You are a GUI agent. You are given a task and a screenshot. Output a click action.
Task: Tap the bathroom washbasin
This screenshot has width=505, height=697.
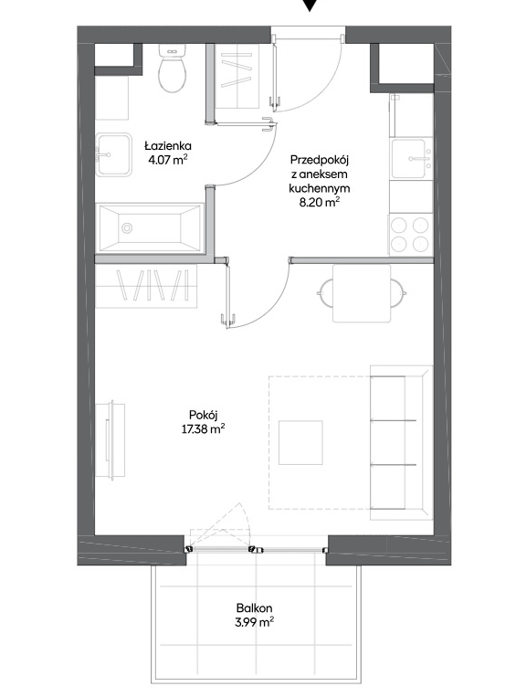pos(114,154)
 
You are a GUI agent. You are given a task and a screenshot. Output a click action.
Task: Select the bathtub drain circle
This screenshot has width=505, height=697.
pos(127,228)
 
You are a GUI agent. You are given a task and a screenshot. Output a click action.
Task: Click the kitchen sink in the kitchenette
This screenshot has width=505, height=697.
pos(411,159)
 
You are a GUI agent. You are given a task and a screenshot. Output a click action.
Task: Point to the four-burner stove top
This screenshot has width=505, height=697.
pos(410,235)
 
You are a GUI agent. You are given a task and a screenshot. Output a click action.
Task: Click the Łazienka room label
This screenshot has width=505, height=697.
pos(168,146)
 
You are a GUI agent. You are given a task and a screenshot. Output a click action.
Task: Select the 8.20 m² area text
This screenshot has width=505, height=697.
pos(320,203)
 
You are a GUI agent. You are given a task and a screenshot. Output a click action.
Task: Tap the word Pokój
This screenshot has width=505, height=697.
pos(203,415)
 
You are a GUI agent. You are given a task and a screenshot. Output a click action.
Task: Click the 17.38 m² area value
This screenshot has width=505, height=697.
pos(203,429)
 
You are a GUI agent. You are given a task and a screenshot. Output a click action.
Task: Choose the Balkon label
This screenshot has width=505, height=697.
pos(254,608)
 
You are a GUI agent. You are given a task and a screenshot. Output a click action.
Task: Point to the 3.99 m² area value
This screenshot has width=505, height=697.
pos(254,622)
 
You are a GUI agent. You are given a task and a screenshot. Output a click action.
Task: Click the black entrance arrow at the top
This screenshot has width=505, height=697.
pos(310,5)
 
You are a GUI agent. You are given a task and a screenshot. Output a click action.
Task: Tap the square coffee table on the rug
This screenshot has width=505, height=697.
pos(300,443)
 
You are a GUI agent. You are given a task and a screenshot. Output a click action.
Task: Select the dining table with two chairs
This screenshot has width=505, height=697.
pos(362,293)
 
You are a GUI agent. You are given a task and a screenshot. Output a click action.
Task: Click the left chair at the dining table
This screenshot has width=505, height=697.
pos(325,293)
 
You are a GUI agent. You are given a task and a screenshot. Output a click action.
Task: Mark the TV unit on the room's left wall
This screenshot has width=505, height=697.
pos(110,439)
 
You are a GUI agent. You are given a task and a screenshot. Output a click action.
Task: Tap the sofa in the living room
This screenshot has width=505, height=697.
pos(402,443)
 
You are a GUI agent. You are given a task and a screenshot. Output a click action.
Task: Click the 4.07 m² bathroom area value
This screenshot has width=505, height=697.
pos(168,160)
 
